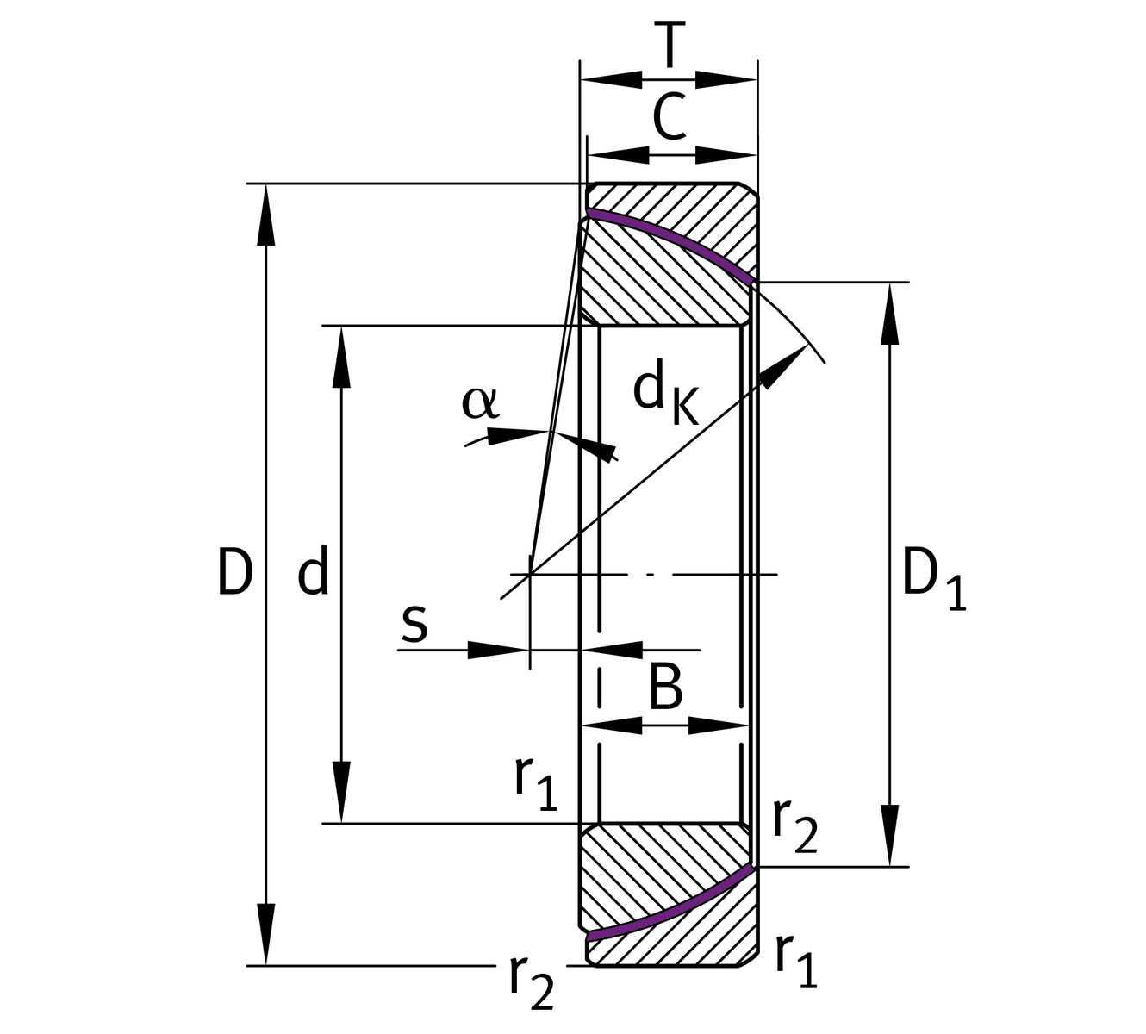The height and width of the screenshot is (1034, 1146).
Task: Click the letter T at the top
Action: click(x=670, y=45)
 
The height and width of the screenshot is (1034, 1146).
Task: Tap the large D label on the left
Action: click(x=234, y=572)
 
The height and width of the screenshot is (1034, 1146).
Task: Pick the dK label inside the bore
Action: click(x=663, y=395)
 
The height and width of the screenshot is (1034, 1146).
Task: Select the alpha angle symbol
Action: click(x=479, y=402)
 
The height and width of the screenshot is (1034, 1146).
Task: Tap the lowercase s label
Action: click(x=414, y=623)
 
